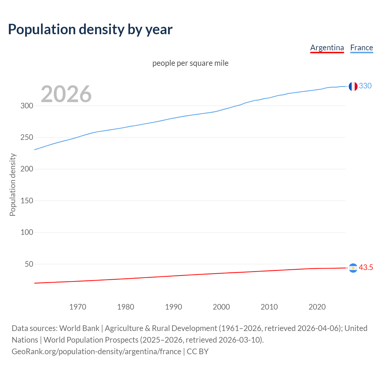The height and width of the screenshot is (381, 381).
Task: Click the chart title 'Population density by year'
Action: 90,29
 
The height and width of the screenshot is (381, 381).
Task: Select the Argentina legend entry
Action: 327,48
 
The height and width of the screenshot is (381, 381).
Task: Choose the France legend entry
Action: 361,48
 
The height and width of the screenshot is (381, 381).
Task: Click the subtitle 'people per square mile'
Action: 190,63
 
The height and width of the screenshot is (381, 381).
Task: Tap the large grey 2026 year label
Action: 66,94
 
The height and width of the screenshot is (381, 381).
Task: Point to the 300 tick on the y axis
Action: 27,106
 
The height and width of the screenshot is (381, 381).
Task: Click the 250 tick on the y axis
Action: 27,138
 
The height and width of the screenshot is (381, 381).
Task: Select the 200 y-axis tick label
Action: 27,169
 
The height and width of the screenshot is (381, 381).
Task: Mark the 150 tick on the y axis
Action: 27,201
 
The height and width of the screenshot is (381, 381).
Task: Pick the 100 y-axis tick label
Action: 27,232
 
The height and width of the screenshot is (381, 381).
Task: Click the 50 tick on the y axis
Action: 29,264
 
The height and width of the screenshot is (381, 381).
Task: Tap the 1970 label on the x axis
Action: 78,307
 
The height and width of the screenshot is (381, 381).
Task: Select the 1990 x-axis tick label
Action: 174,307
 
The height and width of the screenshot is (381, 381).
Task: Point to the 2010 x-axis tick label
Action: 269,307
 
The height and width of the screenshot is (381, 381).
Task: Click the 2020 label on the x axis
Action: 317,307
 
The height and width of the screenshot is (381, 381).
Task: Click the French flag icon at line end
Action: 353,86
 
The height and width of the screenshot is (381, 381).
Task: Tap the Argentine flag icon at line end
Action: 353,268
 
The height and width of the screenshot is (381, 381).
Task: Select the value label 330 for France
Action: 365,86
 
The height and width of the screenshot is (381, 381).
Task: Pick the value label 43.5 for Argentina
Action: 366,268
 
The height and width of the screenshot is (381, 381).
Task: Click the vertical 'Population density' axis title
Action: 13,185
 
